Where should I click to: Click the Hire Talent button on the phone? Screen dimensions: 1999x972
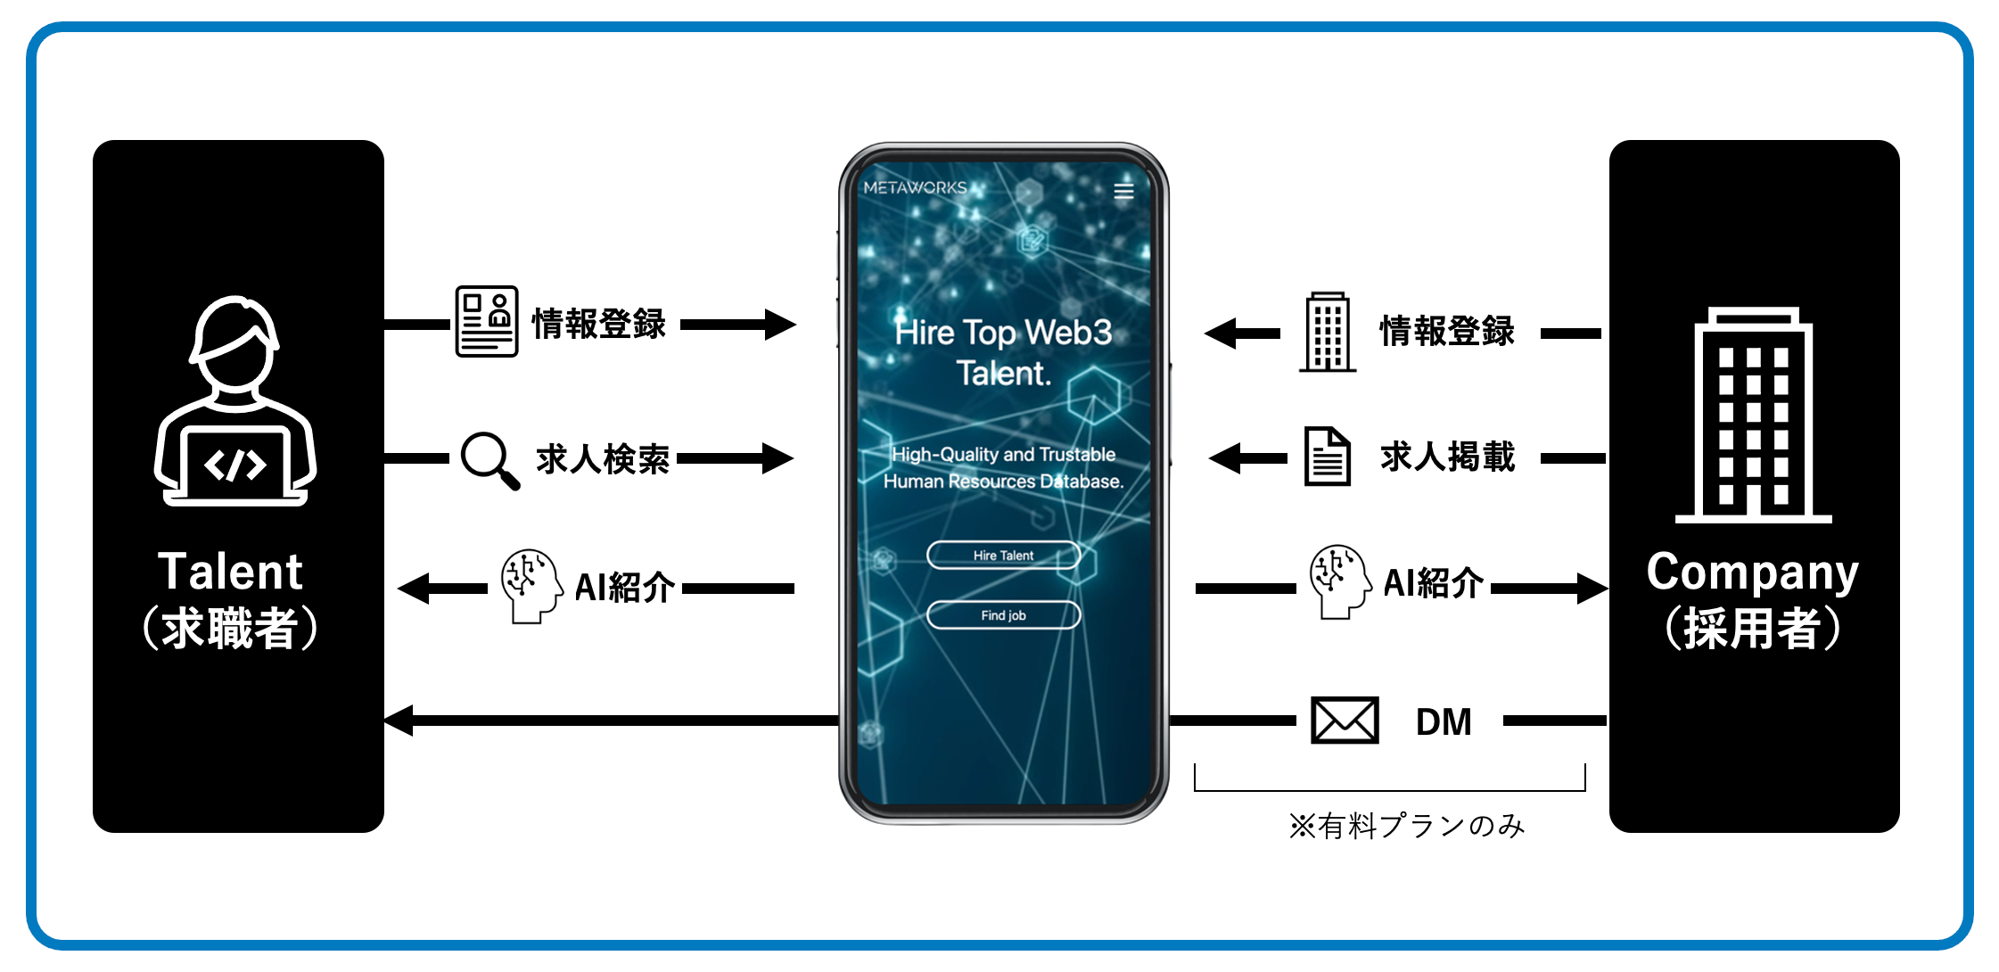(1003, 555)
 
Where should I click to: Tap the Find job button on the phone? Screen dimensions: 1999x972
(1003, 615)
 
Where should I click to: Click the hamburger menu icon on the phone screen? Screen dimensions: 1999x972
(1123, 191)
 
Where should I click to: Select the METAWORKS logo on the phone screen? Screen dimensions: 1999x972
(916, 188)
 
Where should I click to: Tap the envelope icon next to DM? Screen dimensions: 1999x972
(1345, 721)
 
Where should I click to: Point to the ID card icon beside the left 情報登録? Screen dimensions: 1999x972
(486, 322)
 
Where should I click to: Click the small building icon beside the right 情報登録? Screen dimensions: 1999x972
(1328, 332)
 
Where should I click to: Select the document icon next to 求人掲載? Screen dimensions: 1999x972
(1328, 457)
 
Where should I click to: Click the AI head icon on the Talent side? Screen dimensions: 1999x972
(531, 586)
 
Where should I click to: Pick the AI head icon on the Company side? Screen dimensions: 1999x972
(1339, 581)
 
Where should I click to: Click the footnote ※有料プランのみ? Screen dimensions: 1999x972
(1407, 827)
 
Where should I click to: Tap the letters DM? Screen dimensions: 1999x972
(1444, 721)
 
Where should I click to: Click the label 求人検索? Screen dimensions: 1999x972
(603, 459)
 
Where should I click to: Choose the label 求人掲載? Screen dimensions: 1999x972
(1447, 457)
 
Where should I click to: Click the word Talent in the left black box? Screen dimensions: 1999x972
(230, 572)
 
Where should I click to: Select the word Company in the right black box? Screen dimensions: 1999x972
(1752, 572)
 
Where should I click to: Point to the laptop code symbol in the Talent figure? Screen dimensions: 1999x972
(235, 465)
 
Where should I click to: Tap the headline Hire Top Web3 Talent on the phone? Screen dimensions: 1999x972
(1003, 352)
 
